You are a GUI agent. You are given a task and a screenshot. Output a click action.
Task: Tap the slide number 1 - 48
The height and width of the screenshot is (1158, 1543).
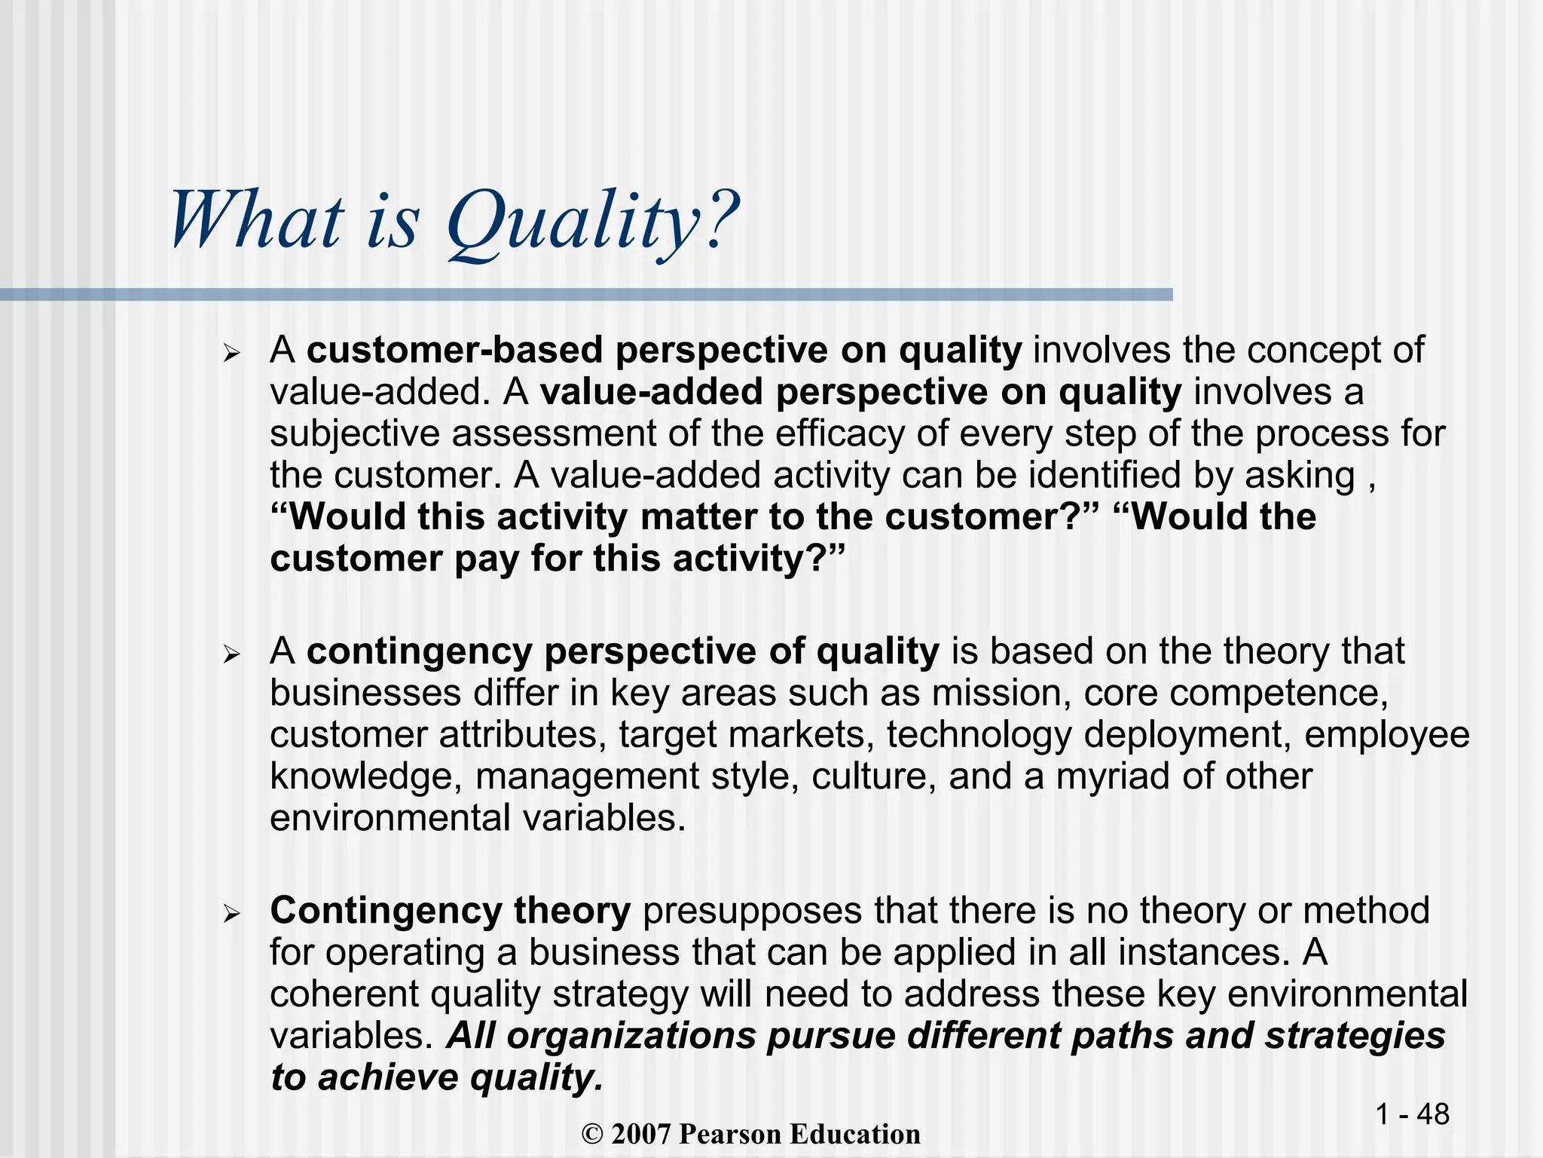pos(1412,1114)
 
